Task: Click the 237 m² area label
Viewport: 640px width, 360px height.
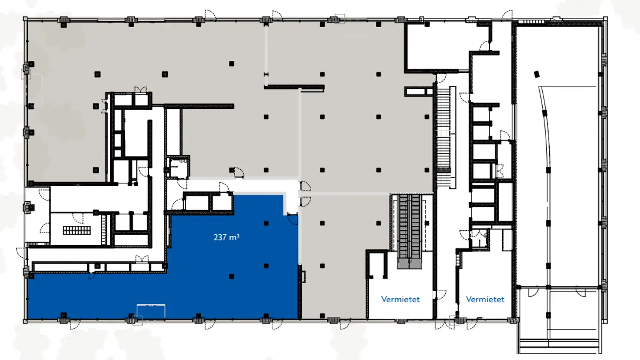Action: point(227,237)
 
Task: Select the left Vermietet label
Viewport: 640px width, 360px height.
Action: point(400,299)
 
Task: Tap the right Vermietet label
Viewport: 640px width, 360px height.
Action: point(485,299)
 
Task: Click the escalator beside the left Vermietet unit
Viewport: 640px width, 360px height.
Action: point(409,231)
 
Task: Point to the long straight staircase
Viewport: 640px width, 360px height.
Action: point(443,133)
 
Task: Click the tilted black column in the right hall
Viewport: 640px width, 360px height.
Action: point(536,74)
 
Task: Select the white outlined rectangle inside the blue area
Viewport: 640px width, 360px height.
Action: point(151,311)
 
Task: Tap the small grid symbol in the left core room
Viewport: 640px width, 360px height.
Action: point(76,230)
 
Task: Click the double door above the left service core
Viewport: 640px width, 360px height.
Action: point(140,90)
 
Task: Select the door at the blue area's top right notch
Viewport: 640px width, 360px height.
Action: point(292,219)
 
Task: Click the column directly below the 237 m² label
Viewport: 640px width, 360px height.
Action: point(266,266)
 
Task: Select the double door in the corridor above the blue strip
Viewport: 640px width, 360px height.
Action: point(141,258)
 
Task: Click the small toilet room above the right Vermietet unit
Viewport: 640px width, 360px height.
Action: point(479,238)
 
